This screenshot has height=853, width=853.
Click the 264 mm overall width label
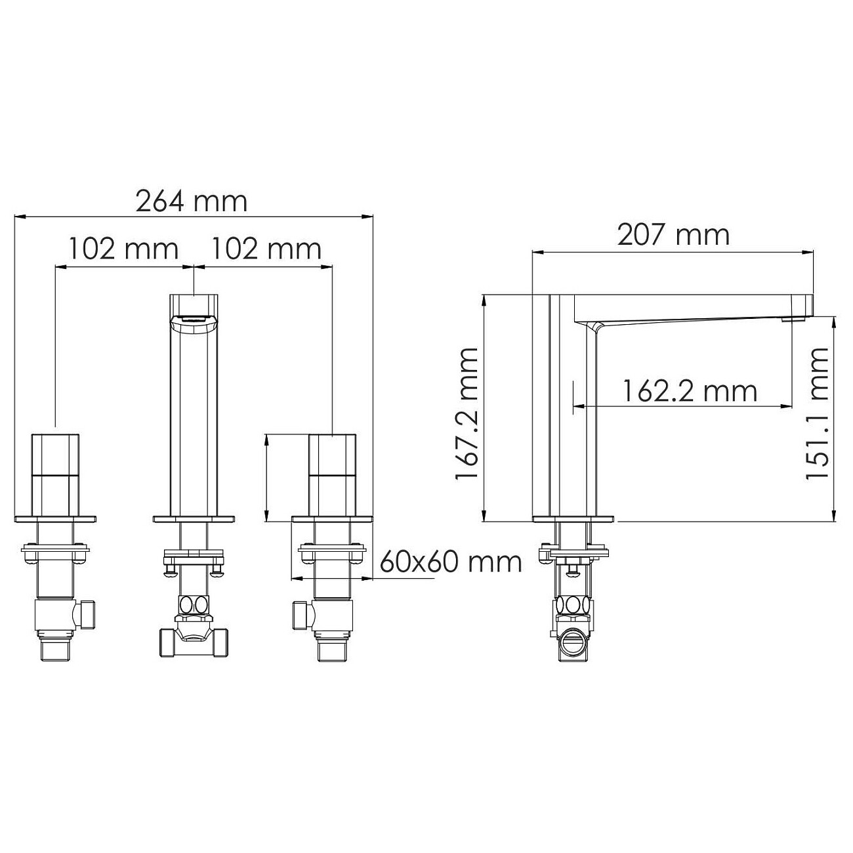192,201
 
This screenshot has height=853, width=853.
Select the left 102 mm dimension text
124,249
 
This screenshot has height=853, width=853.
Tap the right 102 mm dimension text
266,249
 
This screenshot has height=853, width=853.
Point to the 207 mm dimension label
673,235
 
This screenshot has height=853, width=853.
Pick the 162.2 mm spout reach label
689,392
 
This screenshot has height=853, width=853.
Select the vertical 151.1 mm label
817,413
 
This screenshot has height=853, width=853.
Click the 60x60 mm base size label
451,562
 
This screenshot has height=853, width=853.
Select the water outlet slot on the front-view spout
194,320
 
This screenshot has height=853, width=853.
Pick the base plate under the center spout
194,519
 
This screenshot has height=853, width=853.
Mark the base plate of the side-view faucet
574,519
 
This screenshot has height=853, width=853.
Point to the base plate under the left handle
56,519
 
